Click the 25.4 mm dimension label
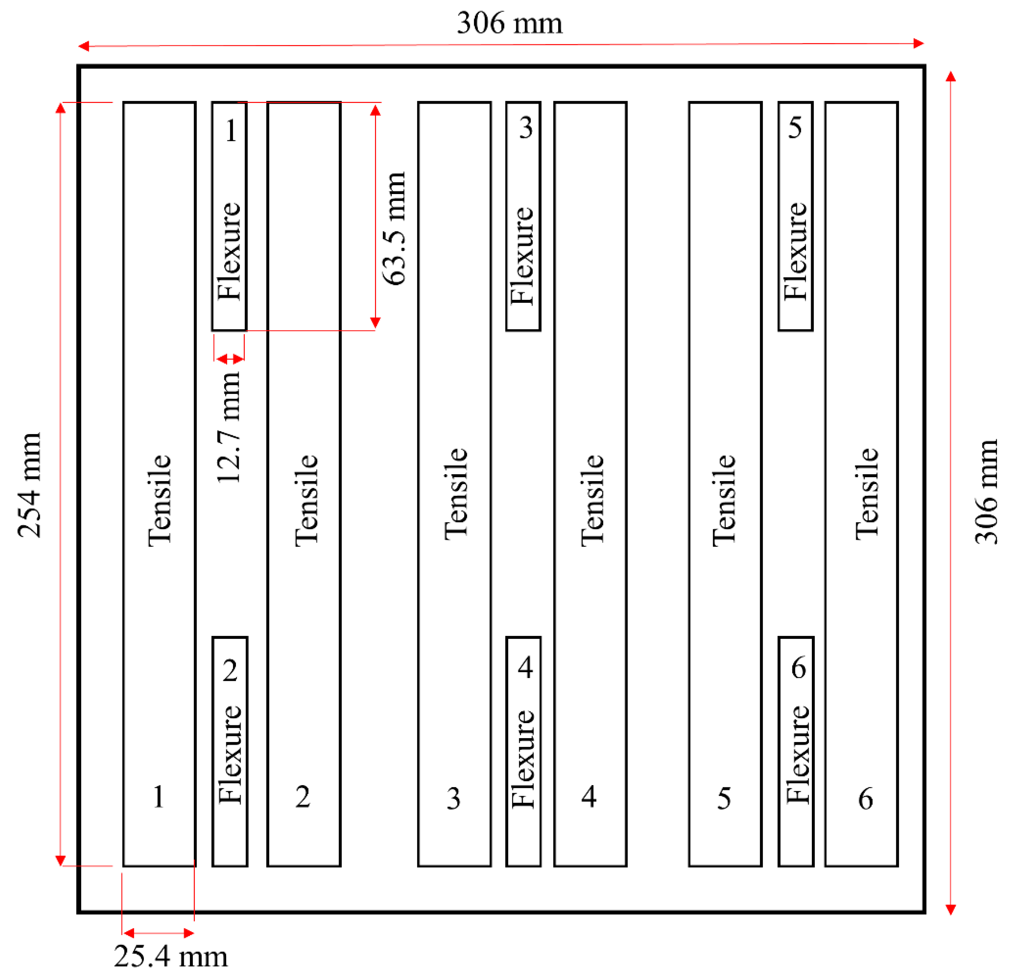click(171, 956)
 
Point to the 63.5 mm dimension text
click(394, 229)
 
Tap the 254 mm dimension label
click(29, 485)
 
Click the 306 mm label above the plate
click(510, 23)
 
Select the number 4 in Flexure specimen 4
click(525, 668)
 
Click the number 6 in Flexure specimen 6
click(799, 668)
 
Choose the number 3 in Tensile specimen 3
click(453, 799)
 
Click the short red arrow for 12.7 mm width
click(230, 359)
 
